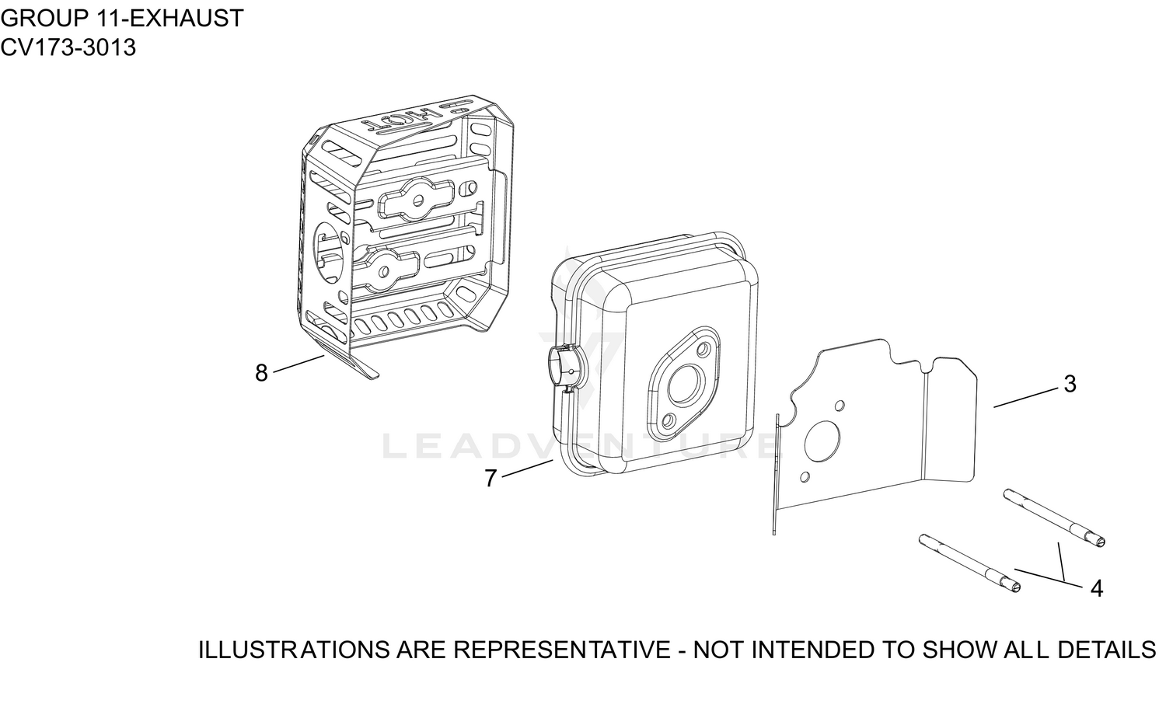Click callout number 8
pos(261,373)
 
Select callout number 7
pos(490,479)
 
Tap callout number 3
pos(1070,384)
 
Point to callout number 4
pos(1096,588)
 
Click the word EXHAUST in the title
pos(186,19)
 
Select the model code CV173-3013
pos(68,47)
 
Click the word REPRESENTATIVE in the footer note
pos(562,650)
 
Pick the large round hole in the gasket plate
pos(822,441)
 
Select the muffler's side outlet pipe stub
pos(564,364)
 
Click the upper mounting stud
pos(1054,518)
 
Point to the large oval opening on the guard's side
pos(330,253)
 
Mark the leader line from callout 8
pos(298,364)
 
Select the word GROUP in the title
pos(45,19)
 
